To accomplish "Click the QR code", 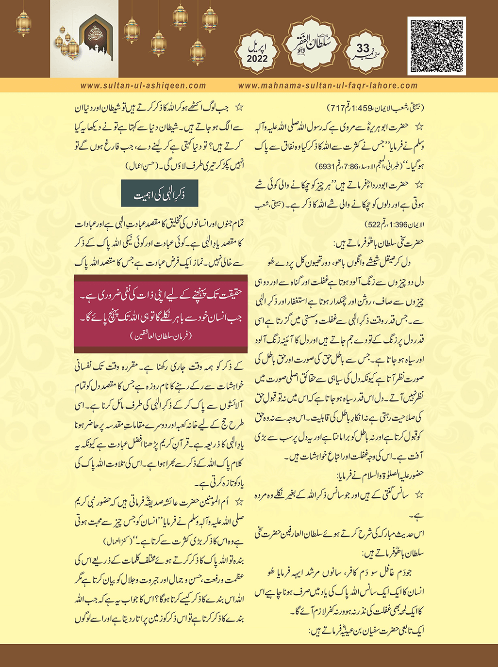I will click(437, 46).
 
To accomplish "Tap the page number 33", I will click(363, 49).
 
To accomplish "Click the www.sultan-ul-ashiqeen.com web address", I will click(143, 86).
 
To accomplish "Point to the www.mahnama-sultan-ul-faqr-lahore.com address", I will click(328, 86).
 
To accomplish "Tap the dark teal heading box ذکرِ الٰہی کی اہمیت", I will click(160, 195).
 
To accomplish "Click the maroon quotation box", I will click(161, 314).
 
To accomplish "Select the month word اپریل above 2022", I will click(257, 48).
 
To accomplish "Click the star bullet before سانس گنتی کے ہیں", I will click(418, 495).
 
